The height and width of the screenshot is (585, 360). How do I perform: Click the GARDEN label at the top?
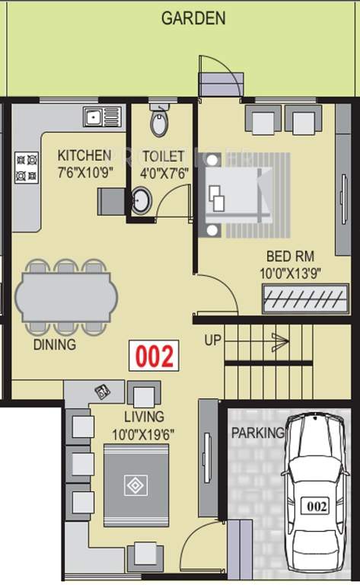tap(193, 18)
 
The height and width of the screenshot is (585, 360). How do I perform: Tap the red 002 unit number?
tap(155, 356)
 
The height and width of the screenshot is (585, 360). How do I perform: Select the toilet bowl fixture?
tap(158, 122)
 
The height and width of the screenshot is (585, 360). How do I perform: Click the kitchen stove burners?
tap(27, 168)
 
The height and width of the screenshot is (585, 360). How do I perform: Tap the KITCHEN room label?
tap(84, 156)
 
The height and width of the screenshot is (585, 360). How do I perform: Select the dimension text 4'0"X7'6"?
tap(164, 171)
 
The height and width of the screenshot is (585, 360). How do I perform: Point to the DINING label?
tap(54, 345)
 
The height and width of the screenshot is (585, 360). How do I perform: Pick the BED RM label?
tap(290, 256)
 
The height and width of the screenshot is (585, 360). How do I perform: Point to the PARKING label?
tap(258, 433)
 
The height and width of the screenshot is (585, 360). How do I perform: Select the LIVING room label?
tap(144, 417)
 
